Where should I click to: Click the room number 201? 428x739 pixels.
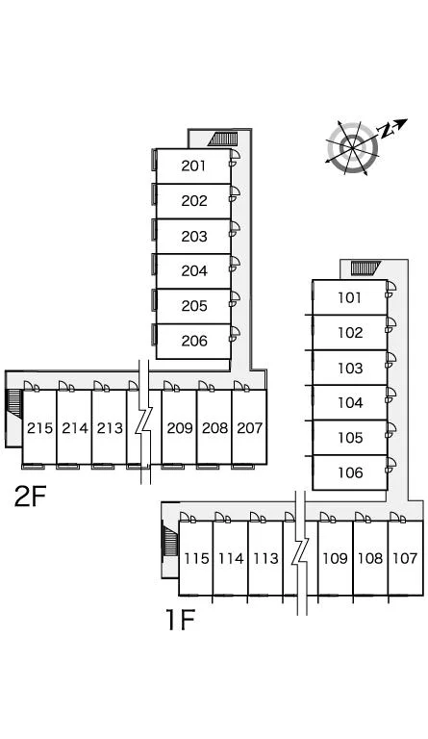pos(193,166)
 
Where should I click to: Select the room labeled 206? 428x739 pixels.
pos(193,341)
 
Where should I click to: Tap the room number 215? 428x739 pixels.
pos(40,428)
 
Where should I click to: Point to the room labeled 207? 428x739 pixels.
pos(249,428)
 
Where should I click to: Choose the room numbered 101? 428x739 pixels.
pos(350,297)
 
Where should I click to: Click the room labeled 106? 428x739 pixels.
pos(350,472)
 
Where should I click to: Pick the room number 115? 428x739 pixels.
pos(196,558)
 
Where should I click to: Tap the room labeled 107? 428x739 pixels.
pos(405,558)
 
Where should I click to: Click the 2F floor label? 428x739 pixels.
pos(30,497)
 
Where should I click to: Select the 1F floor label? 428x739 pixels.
pos(180,620)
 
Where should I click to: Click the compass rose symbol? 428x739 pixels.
pos(353,148)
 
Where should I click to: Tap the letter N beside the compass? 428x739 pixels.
pos(387,131)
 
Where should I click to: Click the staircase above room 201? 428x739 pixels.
pos(223,139)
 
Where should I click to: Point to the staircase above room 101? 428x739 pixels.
pos(365,268)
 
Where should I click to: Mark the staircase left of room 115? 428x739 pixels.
pos(170,542)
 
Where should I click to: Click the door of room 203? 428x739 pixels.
pos(234,229)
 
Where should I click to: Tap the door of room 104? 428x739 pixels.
pos(390,395)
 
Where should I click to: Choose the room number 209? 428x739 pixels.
pos(180,428)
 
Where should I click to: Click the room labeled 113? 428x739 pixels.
pos(266,558)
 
